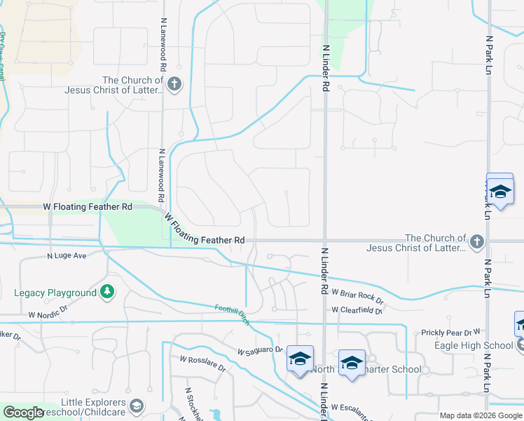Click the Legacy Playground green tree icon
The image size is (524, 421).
coord(106,291)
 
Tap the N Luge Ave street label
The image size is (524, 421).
coord(67,256)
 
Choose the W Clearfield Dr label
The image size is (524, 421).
coord(357,309)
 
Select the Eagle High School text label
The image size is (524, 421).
coord(483,345)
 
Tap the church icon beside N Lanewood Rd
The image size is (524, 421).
coord(174,86)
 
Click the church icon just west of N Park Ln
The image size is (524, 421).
coord(476,242)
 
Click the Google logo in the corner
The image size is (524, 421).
coord(23,413)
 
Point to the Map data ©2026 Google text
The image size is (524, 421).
coord(481,416)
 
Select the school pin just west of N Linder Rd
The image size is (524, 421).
coord(299,360)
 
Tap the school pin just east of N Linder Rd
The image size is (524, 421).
coord(351,363)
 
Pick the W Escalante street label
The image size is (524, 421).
coord(357,407)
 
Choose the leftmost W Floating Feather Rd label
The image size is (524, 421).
coord(88,207)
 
